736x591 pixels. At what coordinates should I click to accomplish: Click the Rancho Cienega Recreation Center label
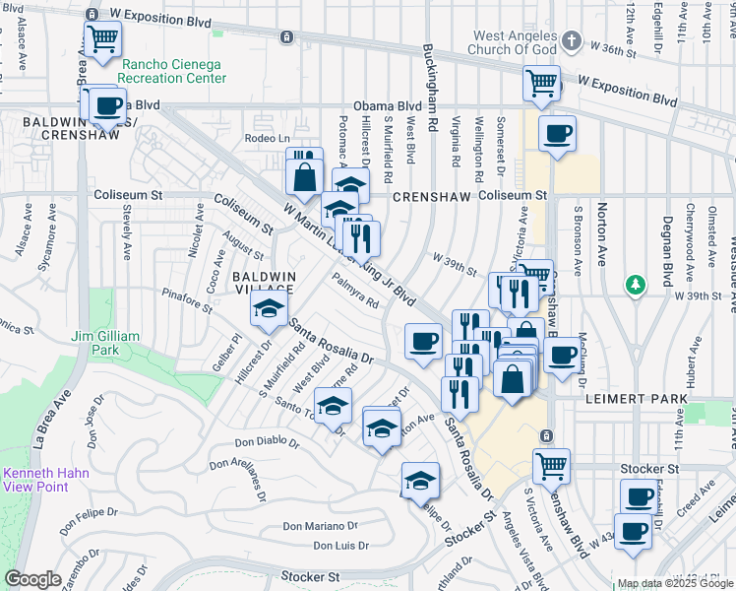click(171, 71)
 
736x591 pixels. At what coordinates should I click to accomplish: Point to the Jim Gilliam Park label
click(105, 343)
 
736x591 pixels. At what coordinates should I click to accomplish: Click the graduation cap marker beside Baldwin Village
click(269, 307)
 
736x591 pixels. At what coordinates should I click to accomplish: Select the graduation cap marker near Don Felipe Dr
click(420, 480)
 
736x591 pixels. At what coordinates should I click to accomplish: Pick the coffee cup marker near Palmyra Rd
click(423, 341)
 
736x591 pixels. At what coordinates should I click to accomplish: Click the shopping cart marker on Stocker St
click(552, 464)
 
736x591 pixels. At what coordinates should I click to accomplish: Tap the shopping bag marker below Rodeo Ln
click(304, 177)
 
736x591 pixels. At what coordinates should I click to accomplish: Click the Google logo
click(32, 578)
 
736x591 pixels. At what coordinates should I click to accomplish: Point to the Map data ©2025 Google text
click(675, 583)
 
